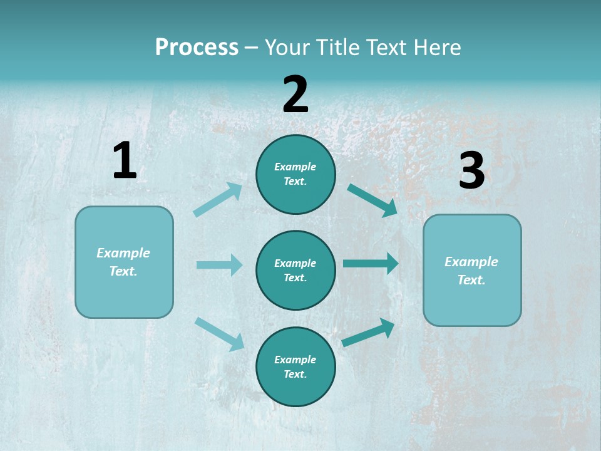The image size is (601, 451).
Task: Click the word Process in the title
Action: [x=197, y=48]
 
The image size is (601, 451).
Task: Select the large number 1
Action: [x=125, y=160]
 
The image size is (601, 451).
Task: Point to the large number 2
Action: [x=295, y=95]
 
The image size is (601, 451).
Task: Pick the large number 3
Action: [x=471, y=171]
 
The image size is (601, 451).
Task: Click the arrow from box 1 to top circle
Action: [x=218, y=200]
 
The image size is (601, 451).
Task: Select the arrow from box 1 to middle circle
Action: [x=219, y=265]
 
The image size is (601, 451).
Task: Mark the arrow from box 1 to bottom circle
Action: [x=220, y=334]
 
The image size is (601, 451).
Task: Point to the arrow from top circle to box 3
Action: [x=372, y=200]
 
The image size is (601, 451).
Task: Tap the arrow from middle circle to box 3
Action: [x=371, y=263]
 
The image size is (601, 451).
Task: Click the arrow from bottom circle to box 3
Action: [x=369, y=333]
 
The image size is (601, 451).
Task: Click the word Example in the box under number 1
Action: [x=123, y=253]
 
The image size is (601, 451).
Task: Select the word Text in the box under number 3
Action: [x=471, y=280]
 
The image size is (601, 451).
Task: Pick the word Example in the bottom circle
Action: [x=295, y=360]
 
